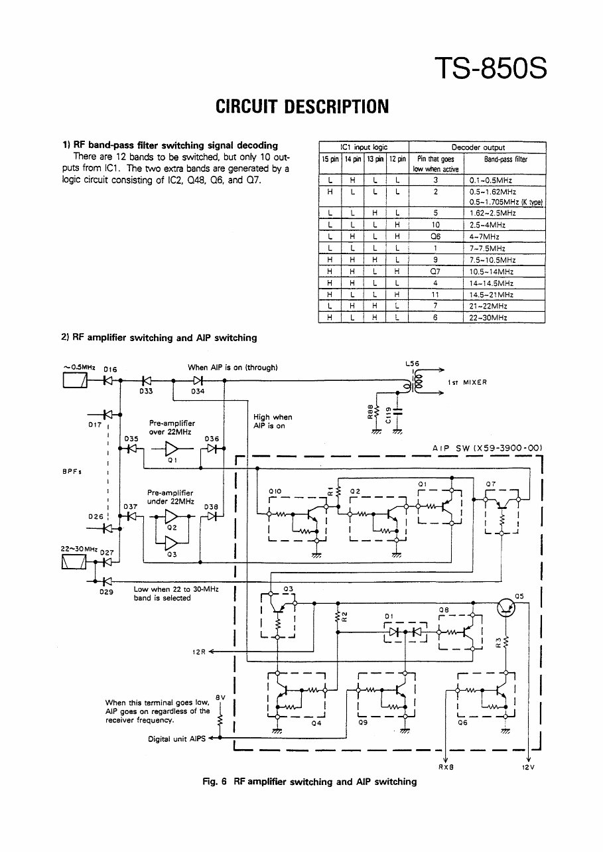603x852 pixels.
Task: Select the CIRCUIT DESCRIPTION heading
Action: [x=302, y=107]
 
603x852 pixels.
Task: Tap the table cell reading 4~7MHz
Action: [x=484, y=236]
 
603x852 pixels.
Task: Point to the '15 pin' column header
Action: [x=330, y=159]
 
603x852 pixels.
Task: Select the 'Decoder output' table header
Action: [x=478, y=147]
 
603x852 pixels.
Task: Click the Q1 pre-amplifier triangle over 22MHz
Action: [x=172, y=449]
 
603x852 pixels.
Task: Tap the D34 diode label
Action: [x=198, y=391]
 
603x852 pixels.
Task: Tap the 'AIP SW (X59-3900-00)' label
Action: [x=487, y=448]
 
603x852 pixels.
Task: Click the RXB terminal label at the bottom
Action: [x=445, y=767]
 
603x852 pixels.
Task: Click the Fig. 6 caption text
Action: [x=309, y=782]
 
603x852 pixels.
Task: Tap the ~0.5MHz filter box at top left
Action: [x=73, y=381]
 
